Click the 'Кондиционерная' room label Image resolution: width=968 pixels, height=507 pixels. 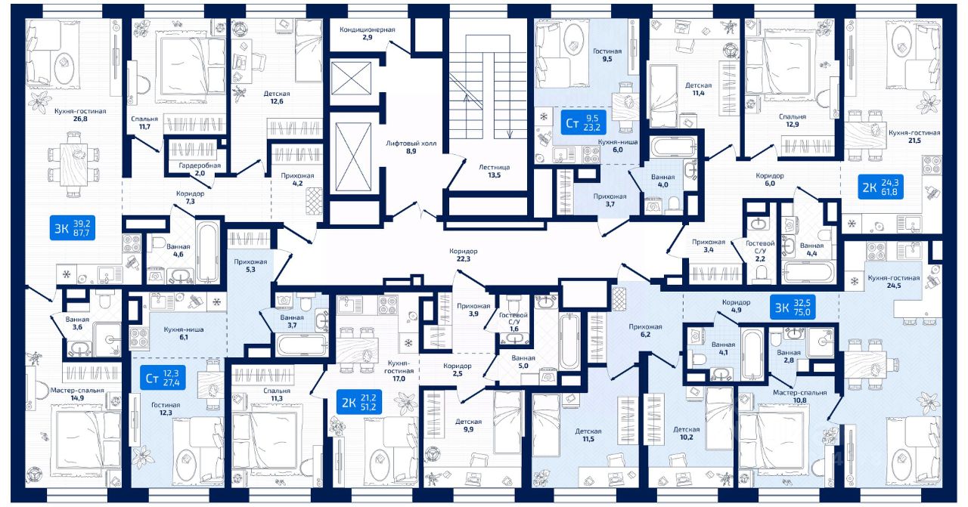pyautogui.click(x=368, y=29)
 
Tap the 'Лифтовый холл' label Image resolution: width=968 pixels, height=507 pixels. pyautogui.click(x=401, y=142)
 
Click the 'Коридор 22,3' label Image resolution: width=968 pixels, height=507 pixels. pyautogui.click(x=463, y=255)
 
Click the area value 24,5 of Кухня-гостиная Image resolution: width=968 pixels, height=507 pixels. pyautogui.click(x=893, y=287)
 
